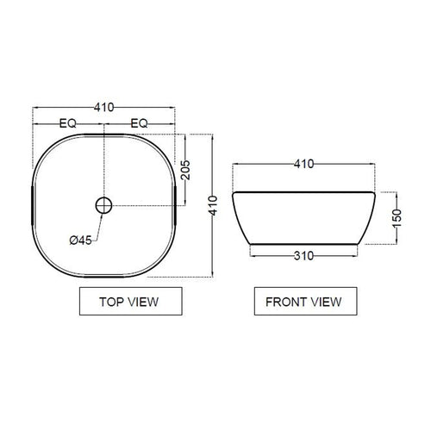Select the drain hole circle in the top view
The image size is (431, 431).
103,205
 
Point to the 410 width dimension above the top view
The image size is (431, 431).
104,108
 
